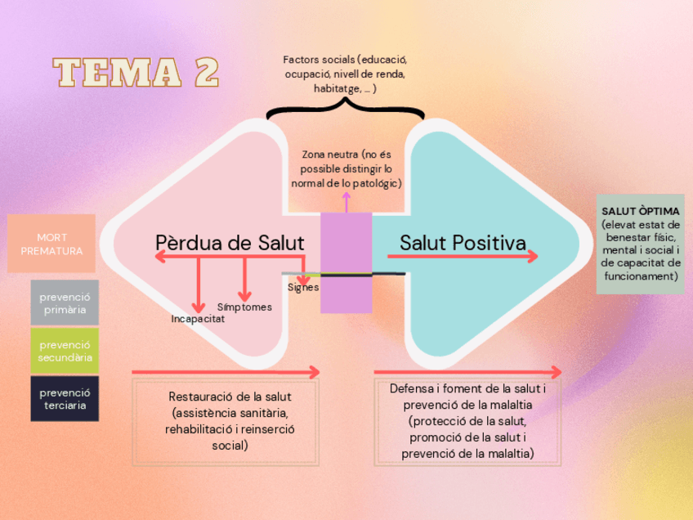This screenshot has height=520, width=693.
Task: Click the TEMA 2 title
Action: click(136, 72)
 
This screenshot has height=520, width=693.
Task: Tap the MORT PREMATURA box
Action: click(51, 244)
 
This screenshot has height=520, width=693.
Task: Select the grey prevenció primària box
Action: click(65, 303)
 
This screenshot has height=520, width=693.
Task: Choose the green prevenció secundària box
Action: click(65, 351)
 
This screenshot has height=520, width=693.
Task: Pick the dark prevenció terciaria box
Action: click(65, 399)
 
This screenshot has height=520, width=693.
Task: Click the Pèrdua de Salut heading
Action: click(230, 243)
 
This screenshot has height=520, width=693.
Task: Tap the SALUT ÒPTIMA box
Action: click(640, 244)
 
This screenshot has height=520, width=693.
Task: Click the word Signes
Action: click(303, 288)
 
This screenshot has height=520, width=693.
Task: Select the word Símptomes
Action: click(244, 307)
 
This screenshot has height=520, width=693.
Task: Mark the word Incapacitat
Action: click(198, 319)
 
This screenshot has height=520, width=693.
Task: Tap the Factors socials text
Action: click(345, 74)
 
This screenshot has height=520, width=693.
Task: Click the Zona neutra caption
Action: click(346, 168)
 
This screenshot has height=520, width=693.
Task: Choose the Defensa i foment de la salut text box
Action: click(468, 420)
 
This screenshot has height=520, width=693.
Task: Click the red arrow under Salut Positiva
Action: click(463, 257)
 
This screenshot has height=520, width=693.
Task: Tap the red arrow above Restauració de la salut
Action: click(226, 373)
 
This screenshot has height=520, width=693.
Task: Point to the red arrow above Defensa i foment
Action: click(468, 373)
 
